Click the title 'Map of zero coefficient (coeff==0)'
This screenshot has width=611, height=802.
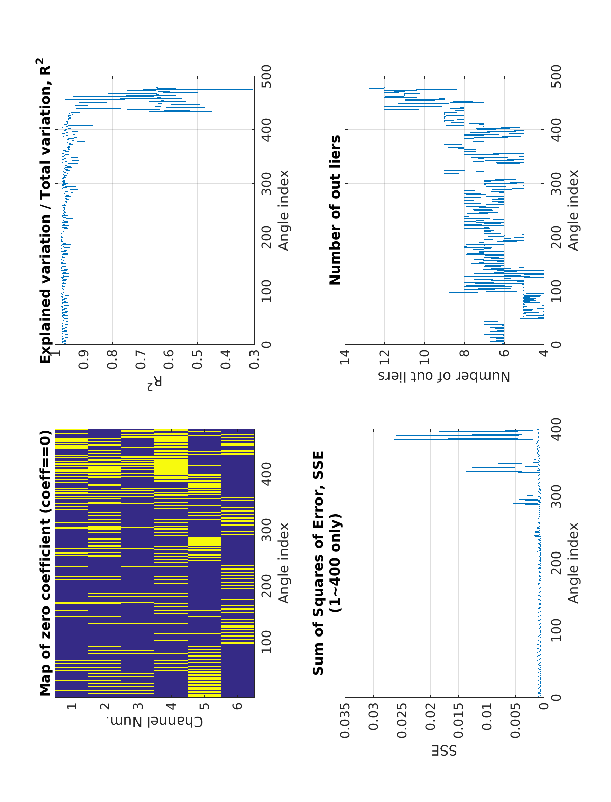(46, 563)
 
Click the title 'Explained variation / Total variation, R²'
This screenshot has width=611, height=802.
(46, 210)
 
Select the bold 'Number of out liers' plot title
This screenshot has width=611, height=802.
(335, 210)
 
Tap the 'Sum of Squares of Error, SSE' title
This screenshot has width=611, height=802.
(318, 563)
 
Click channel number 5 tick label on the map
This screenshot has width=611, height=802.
(204, 706)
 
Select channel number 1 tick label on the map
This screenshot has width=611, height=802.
(72, 706)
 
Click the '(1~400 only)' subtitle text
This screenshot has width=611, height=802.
(336, 563)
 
